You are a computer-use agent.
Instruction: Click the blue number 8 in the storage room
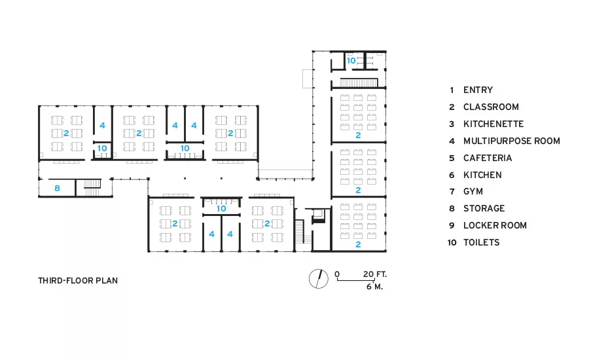(x=57, y=188)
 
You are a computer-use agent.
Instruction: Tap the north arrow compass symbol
(x=319, y=279)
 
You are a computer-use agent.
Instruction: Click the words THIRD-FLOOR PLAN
(x=78, y=280)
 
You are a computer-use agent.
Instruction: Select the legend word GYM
(x=473, y=191)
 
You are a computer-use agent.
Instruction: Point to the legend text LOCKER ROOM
(x=495, y=225)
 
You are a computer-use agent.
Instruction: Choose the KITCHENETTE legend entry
(x=493, y=124)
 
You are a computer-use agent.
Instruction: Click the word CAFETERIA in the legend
(x=488, y=158)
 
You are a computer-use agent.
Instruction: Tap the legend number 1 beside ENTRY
(x=452, y=90)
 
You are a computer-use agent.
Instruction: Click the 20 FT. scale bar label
(x=375, y=274)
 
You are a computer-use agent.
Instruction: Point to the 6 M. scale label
(x=374, y=286)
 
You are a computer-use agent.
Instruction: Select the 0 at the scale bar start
(x=337, y=274)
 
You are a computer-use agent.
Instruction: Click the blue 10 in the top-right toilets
(x=351, y=60)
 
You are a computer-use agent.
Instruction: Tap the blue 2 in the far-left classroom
(x=66, y=133)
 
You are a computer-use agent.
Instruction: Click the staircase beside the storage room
(x=92, y=188)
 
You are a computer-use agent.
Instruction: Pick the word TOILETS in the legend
(x=481, y=242)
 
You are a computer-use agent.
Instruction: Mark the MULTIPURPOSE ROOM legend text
(x=512, y=141)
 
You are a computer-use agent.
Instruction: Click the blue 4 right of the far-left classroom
(x=102, y=125)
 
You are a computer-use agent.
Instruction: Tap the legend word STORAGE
(x=484, y=208)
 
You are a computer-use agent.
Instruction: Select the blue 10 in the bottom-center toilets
(x=221, y=208)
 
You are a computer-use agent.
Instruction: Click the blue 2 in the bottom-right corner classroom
(x=358, y=244)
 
